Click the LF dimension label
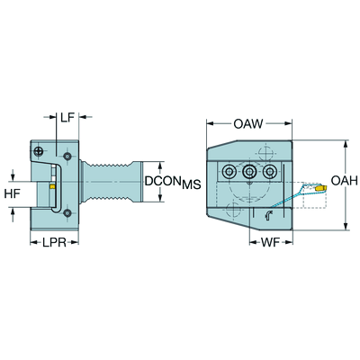[67, 117]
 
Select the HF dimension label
[13, 193]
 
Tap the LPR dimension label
[54, 242]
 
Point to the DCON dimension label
[163, 181]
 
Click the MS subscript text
[191, 184]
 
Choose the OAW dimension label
[248, 123]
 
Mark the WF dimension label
[270, 242]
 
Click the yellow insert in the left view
[52, 187]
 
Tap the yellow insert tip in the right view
[320, 188]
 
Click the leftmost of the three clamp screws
[229, 172]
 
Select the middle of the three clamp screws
[249, 172]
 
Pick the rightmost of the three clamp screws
[269, 172]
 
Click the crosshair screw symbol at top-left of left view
[38, 151]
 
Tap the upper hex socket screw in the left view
[67, 156]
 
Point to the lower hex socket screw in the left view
[67, 213]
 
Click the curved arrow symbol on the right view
[268, 215]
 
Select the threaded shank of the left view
[111, 182]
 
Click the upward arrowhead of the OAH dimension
[346, 144]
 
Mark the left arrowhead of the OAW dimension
[210, 123]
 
